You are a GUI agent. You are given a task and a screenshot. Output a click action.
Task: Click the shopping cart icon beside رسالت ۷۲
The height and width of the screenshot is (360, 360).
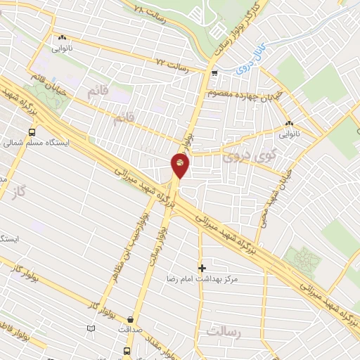point(214,73)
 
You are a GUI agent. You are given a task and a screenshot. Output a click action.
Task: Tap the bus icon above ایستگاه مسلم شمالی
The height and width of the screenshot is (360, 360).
point(32,131)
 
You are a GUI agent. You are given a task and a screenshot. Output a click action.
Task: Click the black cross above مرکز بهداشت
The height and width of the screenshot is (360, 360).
point(202,268)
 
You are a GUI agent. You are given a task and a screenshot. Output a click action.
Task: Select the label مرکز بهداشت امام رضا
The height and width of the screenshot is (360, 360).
point(207,279)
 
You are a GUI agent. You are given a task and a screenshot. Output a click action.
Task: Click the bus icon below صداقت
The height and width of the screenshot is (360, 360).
point(127,350)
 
